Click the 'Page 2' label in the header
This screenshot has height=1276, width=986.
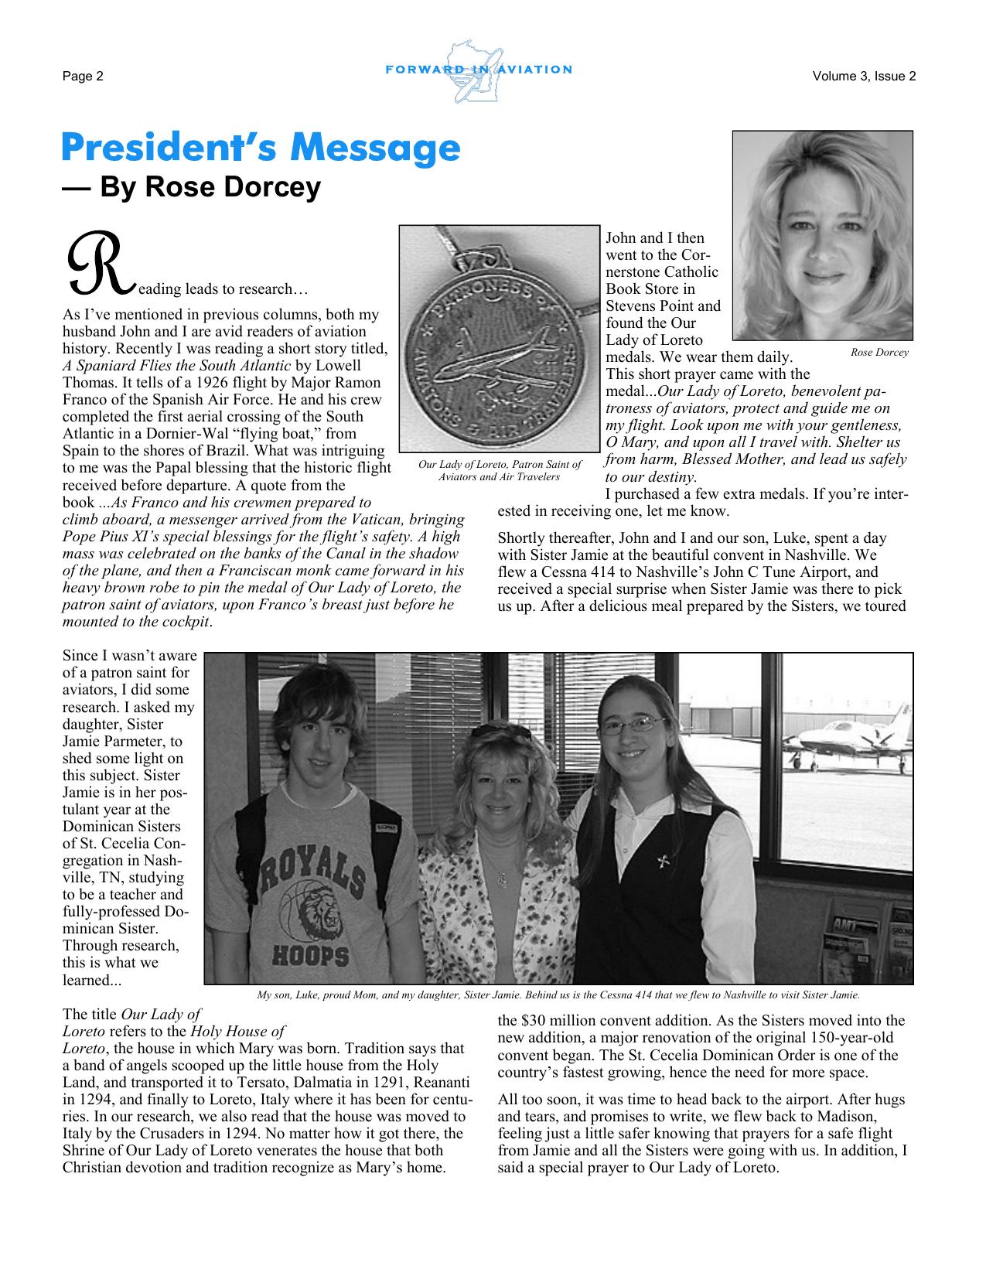[83, 76]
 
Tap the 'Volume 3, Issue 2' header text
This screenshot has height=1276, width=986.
[864, 76]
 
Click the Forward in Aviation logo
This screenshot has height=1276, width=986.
[478, 71]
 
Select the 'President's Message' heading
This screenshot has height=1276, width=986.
[261, 148]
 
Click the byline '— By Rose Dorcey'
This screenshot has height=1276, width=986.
[191, 187]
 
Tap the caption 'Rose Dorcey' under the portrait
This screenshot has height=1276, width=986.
[879, 353]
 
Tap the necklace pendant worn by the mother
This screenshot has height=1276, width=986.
[503, 879]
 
